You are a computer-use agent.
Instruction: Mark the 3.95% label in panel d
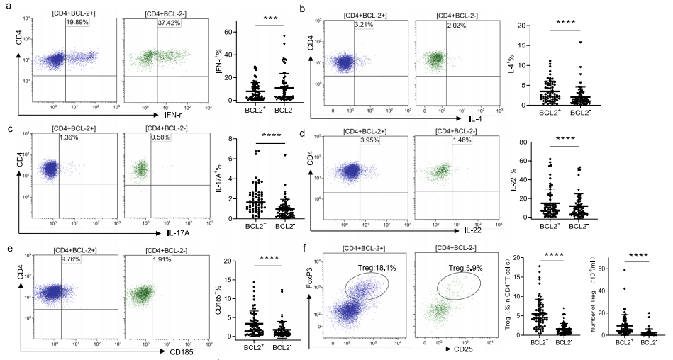point(372,142)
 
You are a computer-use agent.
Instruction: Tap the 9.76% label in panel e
point(72,260)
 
